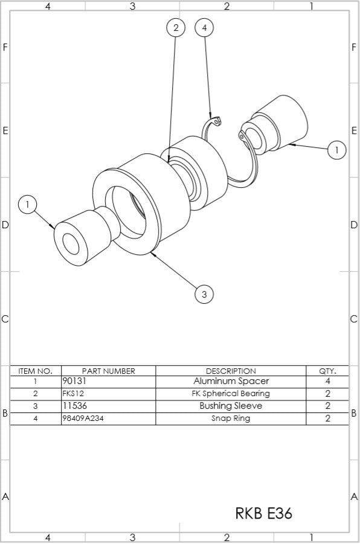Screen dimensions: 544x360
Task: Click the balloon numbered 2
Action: tap(176, 28)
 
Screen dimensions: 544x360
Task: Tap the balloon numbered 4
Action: tap(205, 28)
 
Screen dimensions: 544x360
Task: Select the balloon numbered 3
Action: tap(204, 294)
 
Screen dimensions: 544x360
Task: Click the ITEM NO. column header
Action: tap(36, 371)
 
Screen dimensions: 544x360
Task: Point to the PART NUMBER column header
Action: tap(108, 371)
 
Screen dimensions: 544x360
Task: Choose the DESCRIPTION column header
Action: tap(231, 371)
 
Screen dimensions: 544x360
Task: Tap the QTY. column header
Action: tap(327, 371)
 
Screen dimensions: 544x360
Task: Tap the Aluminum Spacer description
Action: tap(231, 382)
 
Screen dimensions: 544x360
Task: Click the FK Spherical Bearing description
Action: tap(231, 394)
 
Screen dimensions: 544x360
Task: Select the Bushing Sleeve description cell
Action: tap(231, 406)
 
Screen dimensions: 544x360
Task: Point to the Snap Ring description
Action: tap(231, 418)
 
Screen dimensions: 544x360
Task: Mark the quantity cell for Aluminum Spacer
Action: tap(327, 382)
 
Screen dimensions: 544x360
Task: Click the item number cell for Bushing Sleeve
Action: tap(36, 406)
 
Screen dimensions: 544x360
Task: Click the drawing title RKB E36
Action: tap(263, 513)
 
